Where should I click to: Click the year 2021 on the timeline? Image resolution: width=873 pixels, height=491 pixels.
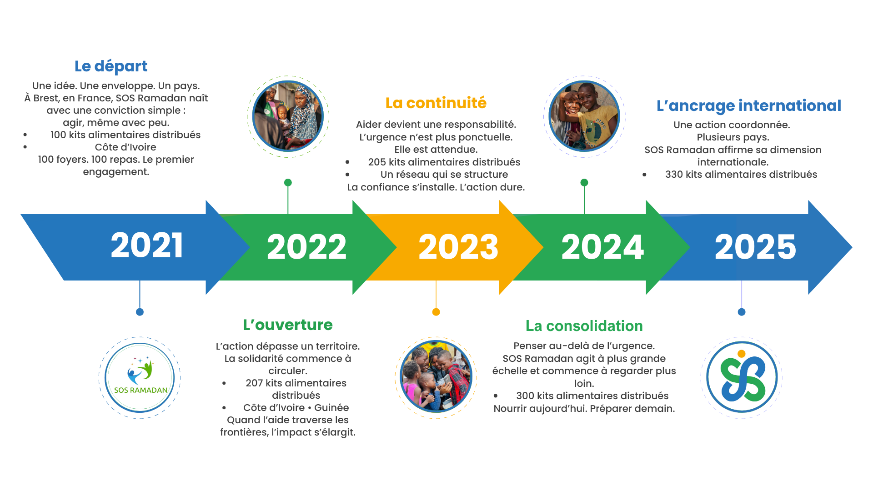147,245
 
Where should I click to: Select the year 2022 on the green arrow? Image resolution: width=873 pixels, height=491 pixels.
306,247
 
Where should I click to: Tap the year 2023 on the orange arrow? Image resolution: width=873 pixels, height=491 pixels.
458,247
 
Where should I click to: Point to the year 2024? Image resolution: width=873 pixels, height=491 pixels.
602,247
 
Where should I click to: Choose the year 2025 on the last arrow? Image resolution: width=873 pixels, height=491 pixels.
755,247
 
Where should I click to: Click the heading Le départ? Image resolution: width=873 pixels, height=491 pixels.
111,66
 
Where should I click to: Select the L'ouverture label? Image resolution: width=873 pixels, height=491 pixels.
288,325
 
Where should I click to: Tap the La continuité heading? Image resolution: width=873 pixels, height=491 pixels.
436,103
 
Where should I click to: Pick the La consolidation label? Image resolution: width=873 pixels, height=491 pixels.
584,326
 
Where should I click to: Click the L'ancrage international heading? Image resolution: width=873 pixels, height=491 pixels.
749,106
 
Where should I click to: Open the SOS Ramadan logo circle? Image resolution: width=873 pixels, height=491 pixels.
140,377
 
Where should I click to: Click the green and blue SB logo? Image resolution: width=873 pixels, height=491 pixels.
742,377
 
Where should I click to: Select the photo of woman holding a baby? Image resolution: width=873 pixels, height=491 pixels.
288,116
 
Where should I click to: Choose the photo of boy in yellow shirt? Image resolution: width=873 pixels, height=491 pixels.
584,116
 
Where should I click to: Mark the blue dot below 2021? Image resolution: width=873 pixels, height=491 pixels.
140,312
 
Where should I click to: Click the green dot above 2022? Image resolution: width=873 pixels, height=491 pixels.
288,182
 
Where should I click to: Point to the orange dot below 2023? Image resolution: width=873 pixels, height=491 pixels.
436,312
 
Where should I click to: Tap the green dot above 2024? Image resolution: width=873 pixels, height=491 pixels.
584,182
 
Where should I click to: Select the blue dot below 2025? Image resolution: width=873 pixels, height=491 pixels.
742,312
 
